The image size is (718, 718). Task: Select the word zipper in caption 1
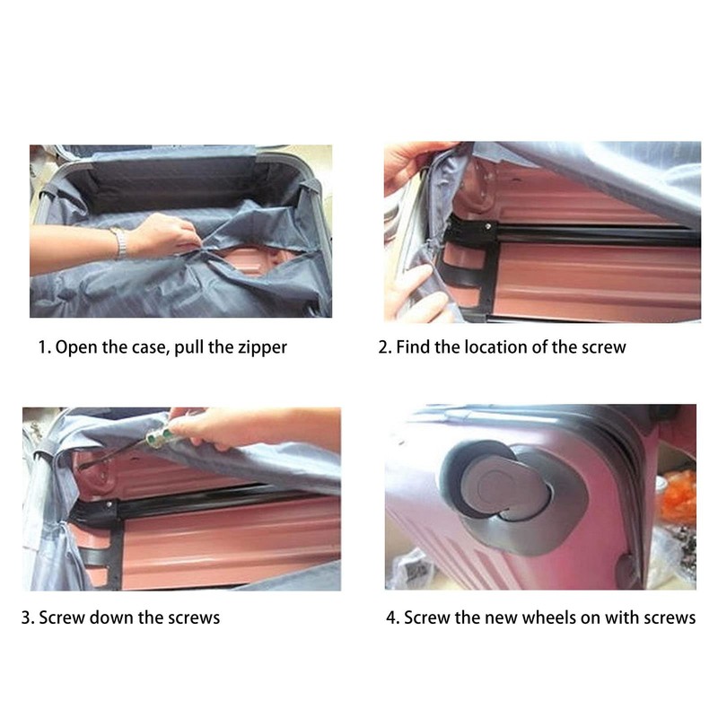(x=260, y=347)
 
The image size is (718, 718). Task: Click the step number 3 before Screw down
(x=26, y=617)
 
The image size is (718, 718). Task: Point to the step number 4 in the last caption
(x=391, y=617)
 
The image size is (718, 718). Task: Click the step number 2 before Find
(x=383, y=346)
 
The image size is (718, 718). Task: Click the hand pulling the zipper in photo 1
(x=166, y=235)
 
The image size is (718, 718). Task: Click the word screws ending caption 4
(x=670, y=617)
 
